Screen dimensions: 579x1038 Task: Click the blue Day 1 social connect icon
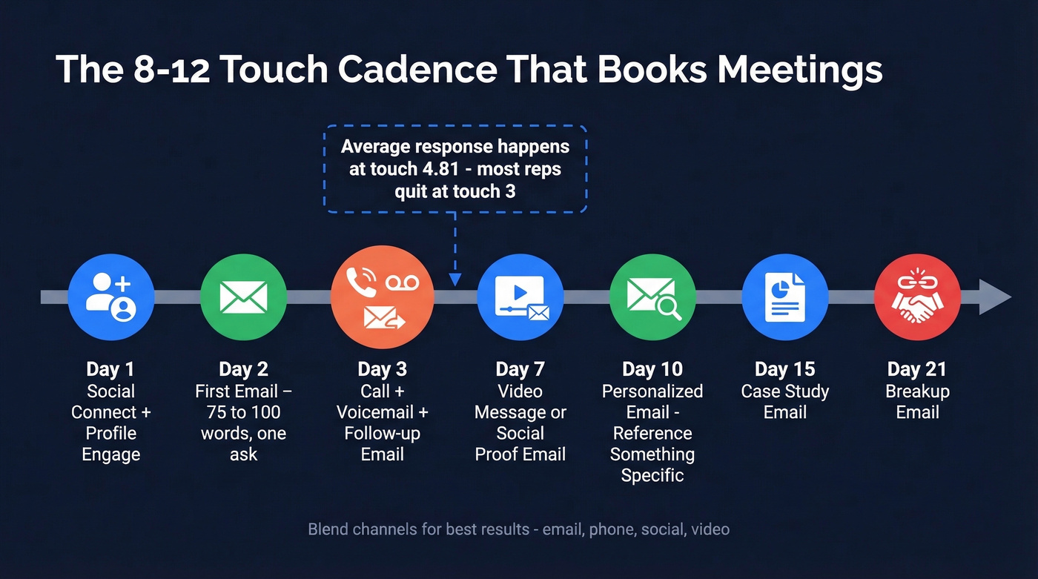(x=110, y=297)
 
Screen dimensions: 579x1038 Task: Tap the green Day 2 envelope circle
(x=243, y=297)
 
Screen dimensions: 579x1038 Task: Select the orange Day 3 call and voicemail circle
(x=382, y=297)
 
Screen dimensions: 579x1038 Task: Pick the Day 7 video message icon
(x=520, y=297)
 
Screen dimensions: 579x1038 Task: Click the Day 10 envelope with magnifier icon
(x=652, y=297)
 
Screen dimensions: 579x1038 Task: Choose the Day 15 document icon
(x=784, y=297)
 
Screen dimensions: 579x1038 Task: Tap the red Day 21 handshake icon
(x=917, y=297)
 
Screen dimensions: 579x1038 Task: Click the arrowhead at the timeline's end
(x=995, y=297)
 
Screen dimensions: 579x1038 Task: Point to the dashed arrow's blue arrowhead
(x=455, y=279)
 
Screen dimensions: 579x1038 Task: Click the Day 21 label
(x=917, y=369)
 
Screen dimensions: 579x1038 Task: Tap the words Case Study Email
(x=785, y=402)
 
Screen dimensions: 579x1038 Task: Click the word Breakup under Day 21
(x=917, y=391)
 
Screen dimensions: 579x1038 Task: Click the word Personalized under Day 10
(x=652, y=391)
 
